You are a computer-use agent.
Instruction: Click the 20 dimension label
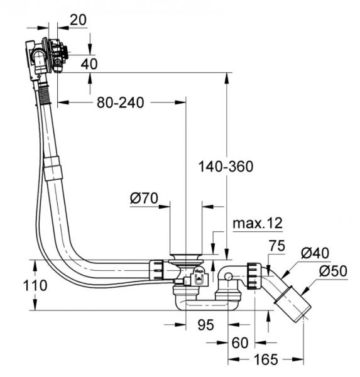point(78,20)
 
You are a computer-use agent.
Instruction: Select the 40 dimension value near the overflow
point(89,64)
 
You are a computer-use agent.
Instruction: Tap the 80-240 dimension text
point(121,102)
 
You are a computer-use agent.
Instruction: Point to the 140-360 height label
point(226,167)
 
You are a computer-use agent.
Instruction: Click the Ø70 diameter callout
point(144,199)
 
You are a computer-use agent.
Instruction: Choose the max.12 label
point(258,223)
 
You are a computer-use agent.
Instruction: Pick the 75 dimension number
point(277,246)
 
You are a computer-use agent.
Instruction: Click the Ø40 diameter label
point(315,253)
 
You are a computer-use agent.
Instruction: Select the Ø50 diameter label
point(334,271)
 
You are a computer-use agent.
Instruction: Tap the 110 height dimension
point(35,286)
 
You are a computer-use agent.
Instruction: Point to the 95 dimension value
point(206,325)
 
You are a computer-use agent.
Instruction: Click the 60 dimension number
point(240,342)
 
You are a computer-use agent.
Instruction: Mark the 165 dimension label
point(266,359)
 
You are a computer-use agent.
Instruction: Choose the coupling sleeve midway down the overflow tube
point(53,168)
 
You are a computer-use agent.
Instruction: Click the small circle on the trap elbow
point(228,276)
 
